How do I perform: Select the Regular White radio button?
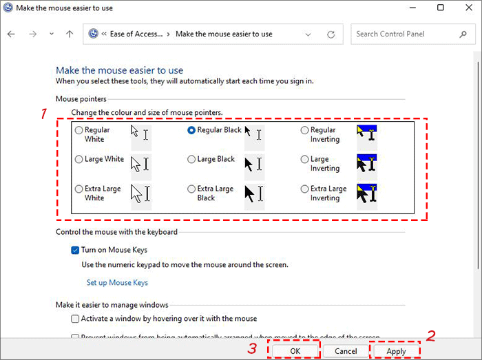coord(79,130)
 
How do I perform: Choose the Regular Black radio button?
coord(192,130)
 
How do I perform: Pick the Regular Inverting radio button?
coord(305,130)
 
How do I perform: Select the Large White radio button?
coord(79,160)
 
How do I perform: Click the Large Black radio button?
coord(192,160)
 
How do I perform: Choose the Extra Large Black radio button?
coord(192,189)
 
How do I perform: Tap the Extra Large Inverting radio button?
coord(305,189)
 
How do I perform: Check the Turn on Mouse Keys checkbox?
coord(75,251)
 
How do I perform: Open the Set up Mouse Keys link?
coord(117,282)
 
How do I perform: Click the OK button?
coord(295,351)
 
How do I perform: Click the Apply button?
coord(397,351)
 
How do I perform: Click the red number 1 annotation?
coord(43,114)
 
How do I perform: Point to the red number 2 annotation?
coord(432,336)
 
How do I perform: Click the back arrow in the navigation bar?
coord(11,34)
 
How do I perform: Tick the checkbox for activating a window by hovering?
coord(75,319)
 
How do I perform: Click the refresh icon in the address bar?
coord(331,34)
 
